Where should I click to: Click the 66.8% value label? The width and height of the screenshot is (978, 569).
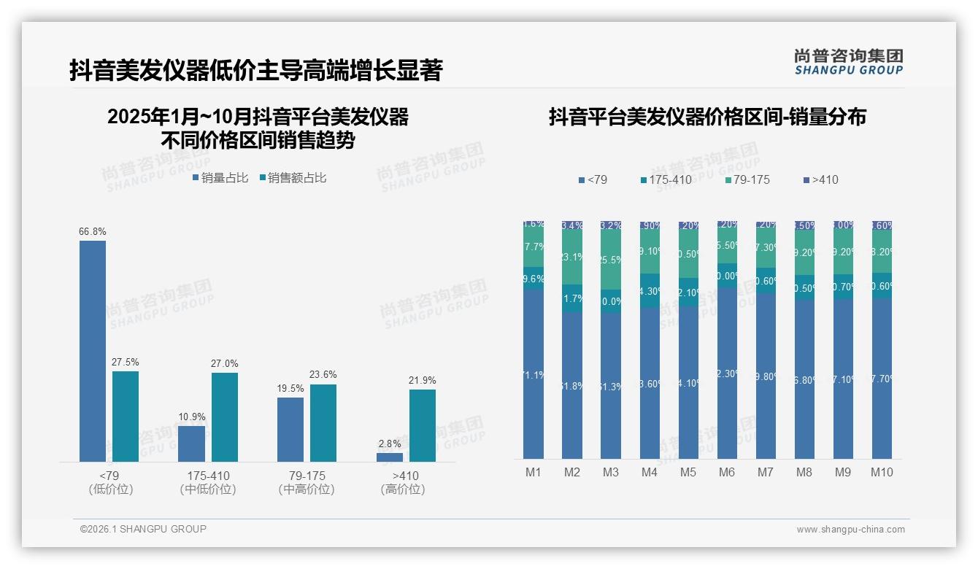(93, 232)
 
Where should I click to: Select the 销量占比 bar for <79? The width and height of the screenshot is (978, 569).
(93, 350)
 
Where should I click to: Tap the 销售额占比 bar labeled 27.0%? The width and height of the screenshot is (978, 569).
(224, 417)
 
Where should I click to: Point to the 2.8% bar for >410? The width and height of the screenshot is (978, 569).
(390, 457)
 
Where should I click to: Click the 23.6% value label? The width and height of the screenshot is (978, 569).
(323, 375)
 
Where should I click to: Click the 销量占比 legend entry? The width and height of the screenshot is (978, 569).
(220, 178)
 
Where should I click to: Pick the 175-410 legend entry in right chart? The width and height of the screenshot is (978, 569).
(666, 180)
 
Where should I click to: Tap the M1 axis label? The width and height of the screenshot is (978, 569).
(534, 473)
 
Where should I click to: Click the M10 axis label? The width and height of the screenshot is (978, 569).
(882, 473)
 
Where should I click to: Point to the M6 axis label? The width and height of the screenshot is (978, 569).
(727, 473)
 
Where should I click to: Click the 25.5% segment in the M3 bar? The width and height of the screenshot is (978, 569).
(611, 260)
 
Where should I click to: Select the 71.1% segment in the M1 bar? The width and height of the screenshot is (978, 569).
(534, 373)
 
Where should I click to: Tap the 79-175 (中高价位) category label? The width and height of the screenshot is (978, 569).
(307, 482)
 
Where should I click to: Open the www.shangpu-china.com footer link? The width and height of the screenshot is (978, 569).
(850, 530)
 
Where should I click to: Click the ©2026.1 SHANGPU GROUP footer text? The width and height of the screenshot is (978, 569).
(143, 529)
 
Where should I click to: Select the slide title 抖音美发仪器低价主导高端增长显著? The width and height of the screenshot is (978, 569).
(255, 71)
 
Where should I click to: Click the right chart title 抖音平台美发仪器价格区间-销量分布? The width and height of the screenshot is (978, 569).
(706, 117)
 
